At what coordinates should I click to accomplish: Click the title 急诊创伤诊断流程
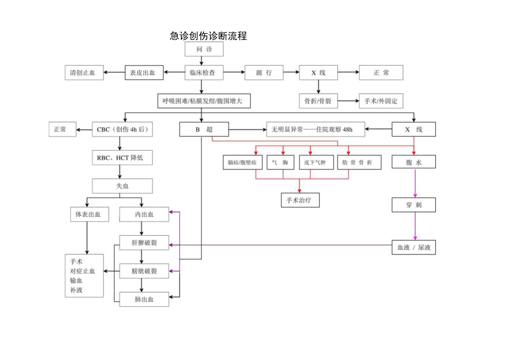(x=208, y=36)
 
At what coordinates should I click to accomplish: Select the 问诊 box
(x=204, y=49)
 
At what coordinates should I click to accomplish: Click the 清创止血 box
(x=84, y=72)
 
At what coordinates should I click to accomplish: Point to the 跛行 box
(x=264, y=72)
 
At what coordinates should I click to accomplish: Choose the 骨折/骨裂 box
(x=318, y=101)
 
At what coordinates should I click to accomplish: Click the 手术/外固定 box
(x=381, y=101)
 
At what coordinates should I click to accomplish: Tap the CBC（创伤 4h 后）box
(x=122, y=130)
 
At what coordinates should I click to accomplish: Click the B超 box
(x=204, y=130)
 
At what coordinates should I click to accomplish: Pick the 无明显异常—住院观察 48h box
(x=315, y=130)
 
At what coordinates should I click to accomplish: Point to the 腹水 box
(x=413, y=162)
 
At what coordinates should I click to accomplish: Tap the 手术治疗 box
(x=299, y=200)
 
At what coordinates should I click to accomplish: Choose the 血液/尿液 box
(x=413, y=248)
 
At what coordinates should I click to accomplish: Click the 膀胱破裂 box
(x=144, y=271)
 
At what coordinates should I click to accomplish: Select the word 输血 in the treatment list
(x=76, y=281)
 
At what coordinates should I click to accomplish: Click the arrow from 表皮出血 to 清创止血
(x=115, y=72)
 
